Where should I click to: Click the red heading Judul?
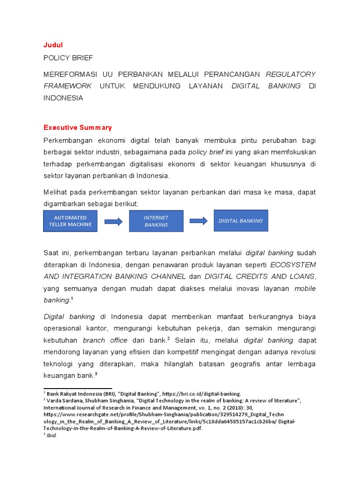point(52,45)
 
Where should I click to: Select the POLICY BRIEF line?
point(68,58)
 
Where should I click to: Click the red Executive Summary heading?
point(78,127)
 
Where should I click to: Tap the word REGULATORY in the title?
point(291,74)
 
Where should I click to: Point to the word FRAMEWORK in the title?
point(67,86)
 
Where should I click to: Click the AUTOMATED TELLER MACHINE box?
point(70,221)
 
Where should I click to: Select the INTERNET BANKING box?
point(156,221)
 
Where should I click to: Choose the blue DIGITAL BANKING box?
point(241,221)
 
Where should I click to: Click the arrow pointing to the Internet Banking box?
point(113,221)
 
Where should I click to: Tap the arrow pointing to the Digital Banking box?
point(199,221)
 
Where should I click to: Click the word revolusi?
point(301,352)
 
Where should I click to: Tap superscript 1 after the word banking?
point(71,298)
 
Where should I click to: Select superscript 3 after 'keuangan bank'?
point(96,374)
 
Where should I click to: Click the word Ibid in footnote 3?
point(51,435)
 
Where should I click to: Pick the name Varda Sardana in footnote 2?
point(63,400)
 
